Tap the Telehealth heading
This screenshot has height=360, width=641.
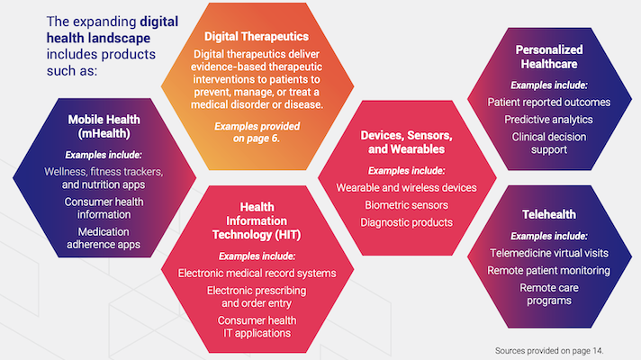click(x=549, y=214)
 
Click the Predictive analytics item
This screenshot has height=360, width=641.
click(x=548, y=120)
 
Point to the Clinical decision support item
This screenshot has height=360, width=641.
click(x=548, y=142)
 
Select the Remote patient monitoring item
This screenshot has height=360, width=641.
click(x=549, y=270)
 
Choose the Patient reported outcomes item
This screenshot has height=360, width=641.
click(x=548, y=102)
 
